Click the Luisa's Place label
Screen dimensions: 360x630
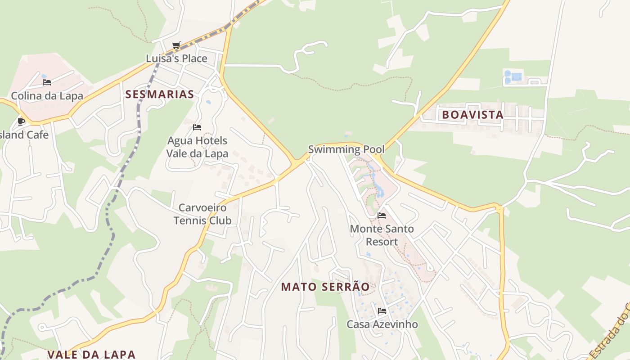pos(176,58)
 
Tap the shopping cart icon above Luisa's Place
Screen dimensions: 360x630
pos(176,45)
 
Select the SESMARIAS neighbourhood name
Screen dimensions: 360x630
pos(160,94)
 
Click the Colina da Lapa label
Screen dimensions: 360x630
pos(47,96)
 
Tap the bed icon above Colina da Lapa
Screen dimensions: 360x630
pos(47,82)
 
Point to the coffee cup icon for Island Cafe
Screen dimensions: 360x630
pos(21,121)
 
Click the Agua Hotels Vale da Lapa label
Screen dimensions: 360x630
pos(197,147)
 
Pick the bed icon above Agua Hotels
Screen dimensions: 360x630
pos(197,127)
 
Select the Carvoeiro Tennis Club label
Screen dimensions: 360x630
pos(202,214)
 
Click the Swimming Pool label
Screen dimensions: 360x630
pos(346,149)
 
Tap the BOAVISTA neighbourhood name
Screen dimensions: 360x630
pos(472,115)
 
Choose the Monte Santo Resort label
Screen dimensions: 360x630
pos(382,235)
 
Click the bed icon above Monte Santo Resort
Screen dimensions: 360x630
pos(382,216)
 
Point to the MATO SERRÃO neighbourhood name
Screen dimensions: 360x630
pos(325,287)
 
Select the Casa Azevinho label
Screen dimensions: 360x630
pos(382,324)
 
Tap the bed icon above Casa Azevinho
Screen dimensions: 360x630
pos(382,310)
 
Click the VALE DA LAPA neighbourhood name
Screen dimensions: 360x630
pos(91,354)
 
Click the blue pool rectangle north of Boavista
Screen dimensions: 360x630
pos(516,76)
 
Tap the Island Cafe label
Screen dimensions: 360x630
pos(24,135)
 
